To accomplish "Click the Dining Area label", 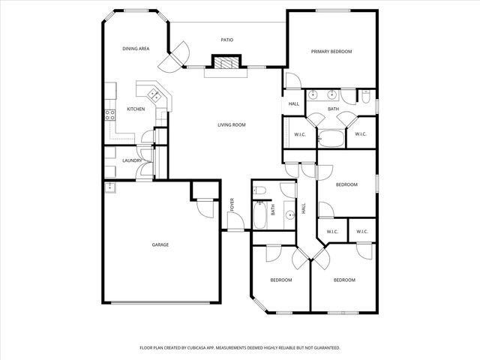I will pos(136,49).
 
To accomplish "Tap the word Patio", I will pos(226,40).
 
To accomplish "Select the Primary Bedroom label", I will pos(331,52).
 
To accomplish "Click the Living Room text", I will pos(232,124).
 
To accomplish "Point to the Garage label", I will pos(160,244).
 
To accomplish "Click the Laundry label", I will pos(133,160).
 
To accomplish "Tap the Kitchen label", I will pos(136,109).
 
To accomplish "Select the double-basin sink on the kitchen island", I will pos(154,94).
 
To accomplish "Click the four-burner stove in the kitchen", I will pos(109,115).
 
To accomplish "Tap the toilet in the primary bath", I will pos(364,96).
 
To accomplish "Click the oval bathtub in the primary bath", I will pos(331,137).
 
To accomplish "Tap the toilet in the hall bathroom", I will pos(259,191).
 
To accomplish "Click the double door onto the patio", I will pos(180,56).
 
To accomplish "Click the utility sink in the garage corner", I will pos(109,186).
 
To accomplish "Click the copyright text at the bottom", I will pos(240,348).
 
